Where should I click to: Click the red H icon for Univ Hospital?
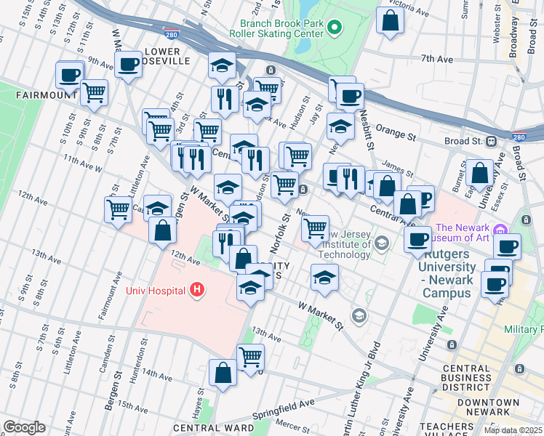click(x=196, y=290)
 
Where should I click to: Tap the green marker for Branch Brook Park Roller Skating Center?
click(x=335, y=28)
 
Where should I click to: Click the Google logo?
click(x=24, y=427)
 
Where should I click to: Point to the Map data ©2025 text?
click(x=512, y=430)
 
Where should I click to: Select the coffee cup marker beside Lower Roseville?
click(x=129, y=64)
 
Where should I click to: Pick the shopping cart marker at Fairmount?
click(x=94, y=93)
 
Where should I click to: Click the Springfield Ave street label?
click(x=284, y=408)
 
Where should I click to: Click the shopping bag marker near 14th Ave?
click(x=223, y=373)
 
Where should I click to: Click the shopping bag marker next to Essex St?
click(x=480, y=173)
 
